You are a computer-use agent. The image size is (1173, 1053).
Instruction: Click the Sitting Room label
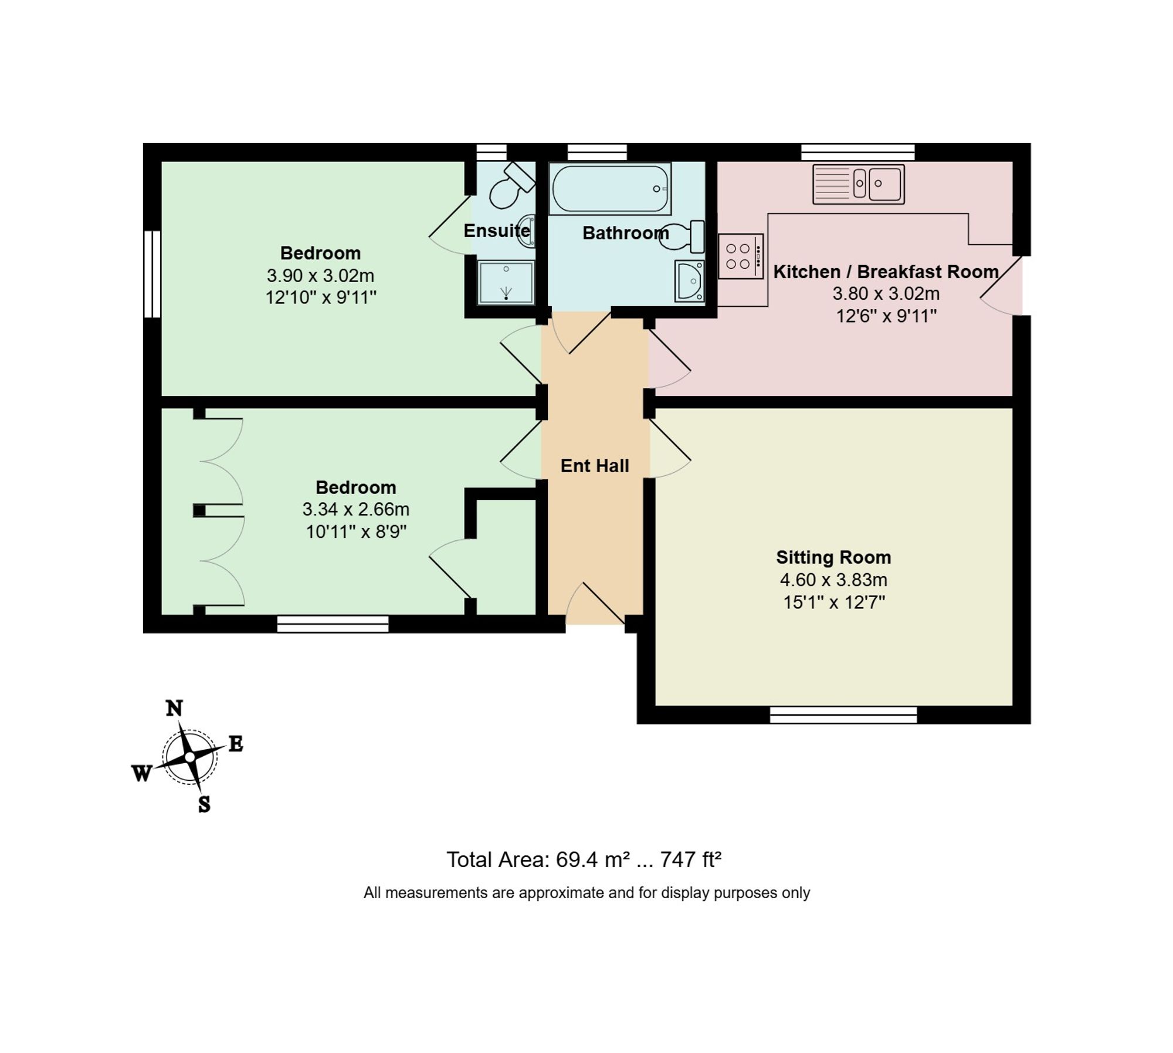pos(833,557)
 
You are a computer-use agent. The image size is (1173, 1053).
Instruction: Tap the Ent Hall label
pos(595,466)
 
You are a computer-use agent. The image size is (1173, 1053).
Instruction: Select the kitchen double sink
pos(859,184)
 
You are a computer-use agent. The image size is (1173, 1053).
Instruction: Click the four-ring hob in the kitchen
pos(741,256)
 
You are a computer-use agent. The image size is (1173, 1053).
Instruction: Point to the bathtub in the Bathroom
pos(610,189)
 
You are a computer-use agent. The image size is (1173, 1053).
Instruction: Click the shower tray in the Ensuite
pos(506,283)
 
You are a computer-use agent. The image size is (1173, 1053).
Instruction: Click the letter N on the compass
pos(174,709)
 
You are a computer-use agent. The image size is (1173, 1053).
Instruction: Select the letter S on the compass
pos(204,804)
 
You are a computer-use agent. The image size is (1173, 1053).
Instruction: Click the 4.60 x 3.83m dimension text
pos(833,580)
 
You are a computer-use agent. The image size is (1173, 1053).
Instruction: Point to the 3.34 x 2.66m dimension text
pos(356,509)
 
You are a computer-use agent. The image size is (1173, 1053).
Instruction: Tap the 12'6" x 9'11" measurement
pos(886,316)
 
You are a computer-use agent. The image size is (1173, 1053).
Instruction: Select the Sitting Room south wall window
pos(843,715)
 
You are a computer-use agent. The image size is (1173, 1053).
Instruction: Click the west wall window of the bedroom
pos(152,274)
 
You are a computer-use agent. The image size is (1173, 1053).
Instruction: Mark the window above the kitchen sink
pos(858,152)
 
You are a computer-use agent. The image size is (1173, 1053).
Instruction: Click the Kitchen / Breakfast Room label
pos(886,272)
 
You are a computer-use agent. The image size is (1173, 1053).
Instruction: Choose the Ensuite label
pos(497,231)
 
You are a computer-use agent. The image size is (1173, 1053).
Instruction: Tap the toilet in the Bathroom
pos(683,236)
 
